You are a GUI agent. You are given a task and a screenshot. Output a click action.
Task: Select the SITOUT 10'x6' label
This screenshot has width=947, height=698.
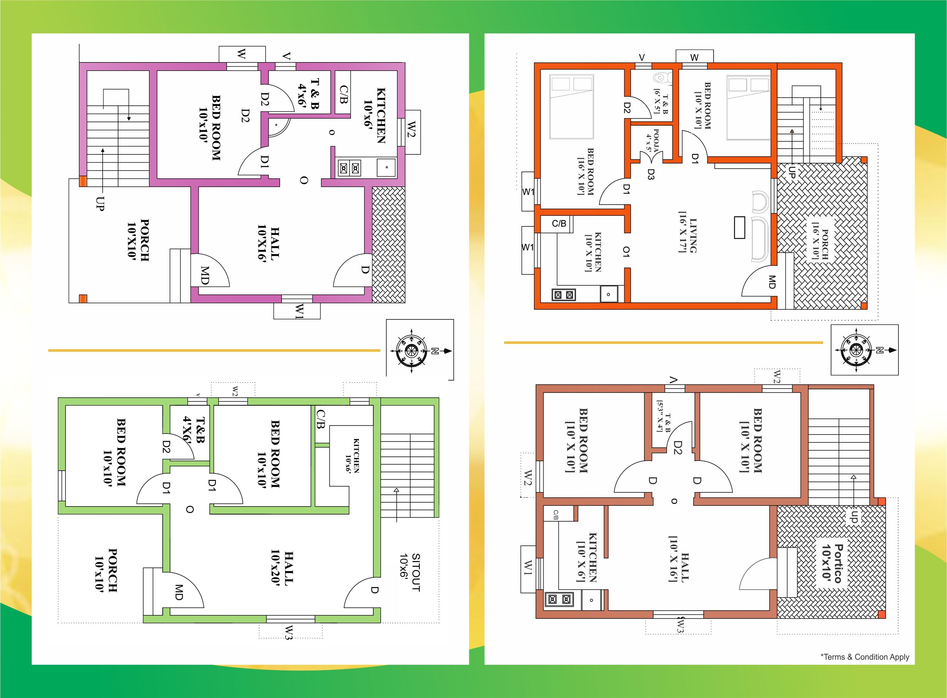(x=410, y=572)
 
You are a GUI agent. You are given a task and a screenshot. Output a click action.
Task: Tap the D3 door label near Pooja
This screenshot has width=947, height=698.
(x=651, y=174)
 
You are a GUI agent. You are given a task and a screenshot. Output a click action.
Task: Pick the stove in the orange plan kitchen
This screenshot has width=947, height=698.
(x=563, y=295)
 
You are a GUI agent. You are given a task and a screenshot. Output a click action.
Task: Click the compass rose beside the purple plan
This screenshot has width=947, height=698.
(x=412, y=351)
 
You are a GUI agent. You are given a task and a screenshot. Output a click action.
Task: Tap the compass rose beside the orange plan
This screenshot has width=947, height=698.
(x=856, y=350)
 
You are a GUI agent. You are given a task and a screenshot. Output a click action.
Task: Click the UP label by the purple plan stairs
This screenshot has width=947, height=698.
(x=99, y=204)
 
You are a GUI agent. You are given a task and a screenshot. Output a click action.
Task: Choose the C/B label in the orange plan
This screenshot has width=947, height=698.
(x=559, y=223)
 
